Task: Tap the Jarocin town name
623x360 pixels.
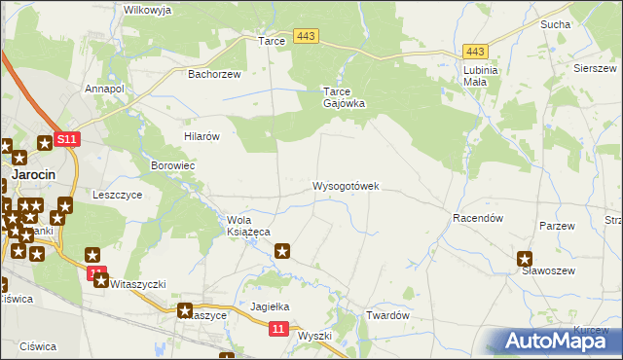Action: (33, 174)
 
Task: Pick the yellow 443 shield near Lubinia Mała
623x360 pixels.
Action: (475, 52)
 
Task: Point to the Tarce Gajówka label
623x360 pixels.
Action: (344, 98)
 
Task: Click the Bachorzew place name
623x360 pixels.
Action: (214, 73)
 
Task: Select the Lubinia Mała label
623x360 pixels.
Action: (481, 76)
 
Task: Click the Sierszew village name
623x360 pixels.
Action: (594, 69)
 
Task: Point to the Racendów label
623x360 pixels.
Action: (477, 219)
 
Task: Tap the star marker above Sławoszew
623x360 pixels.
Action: (525, 259)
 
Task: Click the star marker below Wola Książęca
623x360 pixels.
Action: (283, 252)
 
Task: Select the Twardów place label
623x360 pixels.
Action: (385, 316)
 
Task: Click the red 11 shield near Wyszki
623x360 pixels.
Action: (278, 331)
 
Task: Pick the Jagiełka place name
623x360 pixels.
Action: (272, 306)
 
